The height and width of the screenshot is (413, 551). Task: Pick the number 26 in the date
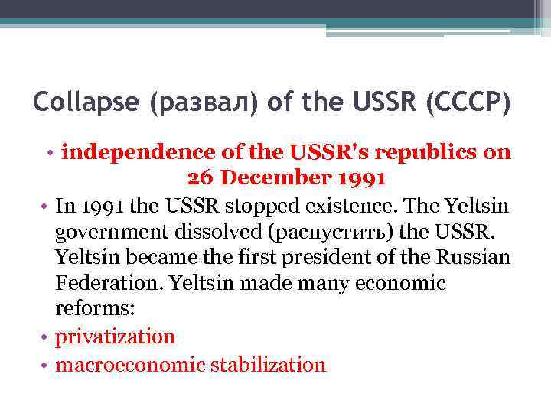click(x=198, y=178)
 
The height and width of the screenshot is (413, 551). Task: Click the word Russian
click(x=469, y=257)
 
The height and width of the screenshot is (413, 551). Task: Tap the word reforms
click(x=88, y=310)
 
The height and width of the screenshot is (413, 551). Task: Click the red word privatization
click(x=116, y=337)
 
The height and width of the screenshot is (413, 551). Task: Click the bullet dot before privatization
click(x=46, y=337)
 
